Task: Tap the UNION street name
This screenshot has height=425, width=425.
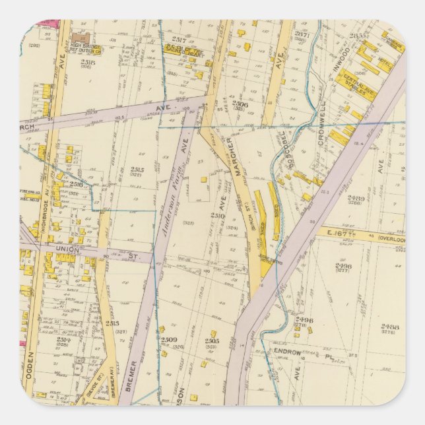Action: pos(67,249)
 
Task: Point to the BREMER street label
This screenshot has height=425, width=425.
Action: pos(131,374)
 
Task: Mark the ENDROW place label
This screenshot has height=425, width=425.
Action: pos(288,353)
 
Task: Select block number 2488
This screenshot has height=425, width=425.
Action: pos(391,326)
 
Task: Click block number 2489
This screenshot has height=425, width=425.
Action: pos(356,199)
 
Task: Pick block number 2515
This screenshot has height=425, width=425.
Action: pos(137,170)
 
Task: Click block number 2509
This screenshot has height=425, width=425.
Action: pos(169,340)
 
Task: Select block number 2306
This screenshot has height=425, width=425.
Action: pos(240,104)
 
